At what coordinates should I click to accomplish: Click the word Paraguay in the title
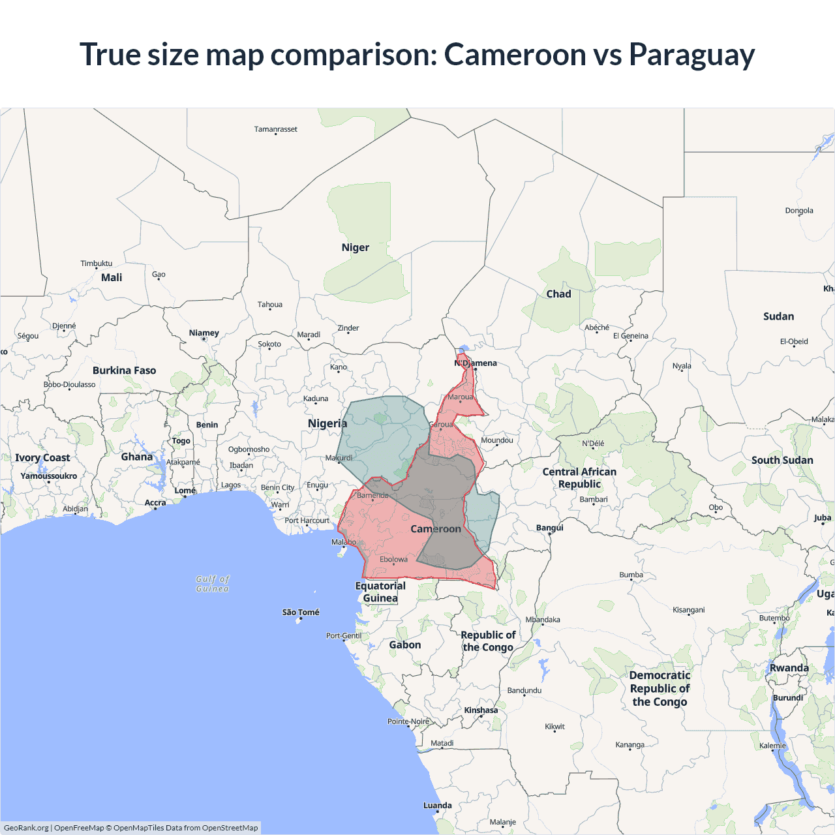click(x=691, y=55)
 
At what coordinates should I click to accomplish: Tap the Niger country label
click(x=355, y=247)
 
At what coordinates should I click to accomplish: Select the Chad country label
click(x=558, y=294)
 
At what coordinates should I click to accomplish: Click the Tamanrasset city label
click(x=275, y=129)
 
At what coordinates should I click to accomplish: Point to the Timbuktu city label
click(x=96, y=264)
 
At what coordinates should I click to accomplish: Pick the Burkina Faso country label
click(x=124, y=371)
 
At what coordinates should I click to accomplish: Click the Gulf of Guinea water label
click(x=213, y=584)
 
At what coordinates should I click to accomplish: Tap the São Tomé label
click(x=301, y=613)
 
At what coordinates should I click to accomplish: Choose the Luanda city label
click(x=437, y=806)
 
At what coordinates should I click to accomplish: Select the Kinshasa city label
click(x=481, y=710)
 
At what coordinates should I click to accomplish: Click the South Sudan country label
click(x=782, y=460)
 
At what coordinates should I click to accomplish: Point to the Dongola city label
click(x=799, y=211)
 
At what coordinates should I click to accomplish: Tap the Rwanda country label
click(x=789, y=668)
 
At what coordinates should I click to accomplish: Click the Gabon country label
click(x=405, y=645)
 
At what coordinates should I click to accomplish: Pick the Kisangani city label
click(x=688, y=610)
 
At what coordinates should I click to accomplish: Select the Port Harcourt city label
click(x=307, y=521)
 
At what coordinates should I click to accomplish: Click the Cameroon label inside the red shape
click(x=436, y=529)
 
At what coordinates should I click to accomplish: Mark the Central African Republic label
click(x=579, y=478)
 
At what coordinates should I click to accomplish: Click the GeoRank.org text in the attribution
click(x=26, y=828)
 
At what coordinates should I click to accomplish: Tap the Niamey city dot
click(x=204, y=339)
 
